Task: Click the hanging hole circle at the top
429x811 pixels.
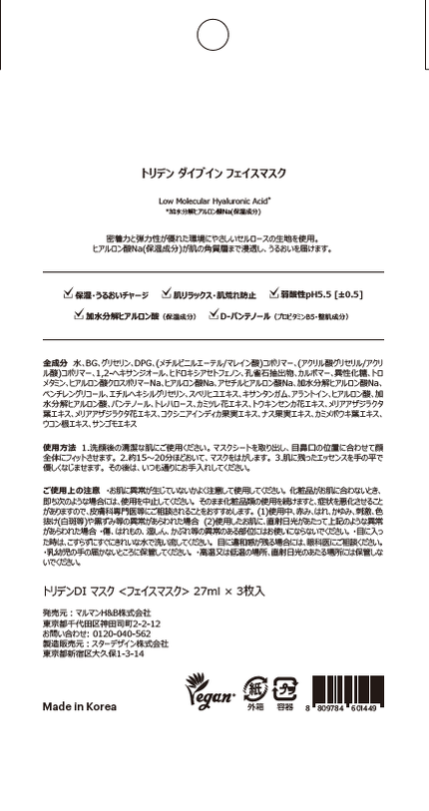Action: pyautogui.click(x=214, y=35)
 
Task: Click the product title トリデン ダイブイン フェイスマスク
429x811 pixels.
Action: pyautogui.click(x=214, y=173)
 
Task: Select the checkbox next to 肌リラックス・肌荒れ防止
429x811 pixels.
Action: pyautogui.click(x=166, y=295)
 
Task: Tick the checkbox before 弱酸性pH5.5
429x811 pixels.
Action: pyautogui.click(x=272, y=295)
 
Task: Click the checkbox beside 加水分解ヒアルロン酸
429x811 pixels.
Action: pyautogui.click(x=79, y=315)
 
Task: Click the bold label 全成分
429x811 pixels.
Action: pyautogui.click(x=55, y=359)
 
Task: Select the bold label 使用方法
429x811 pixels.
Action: pyautogui.click(x=60, y=447)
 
